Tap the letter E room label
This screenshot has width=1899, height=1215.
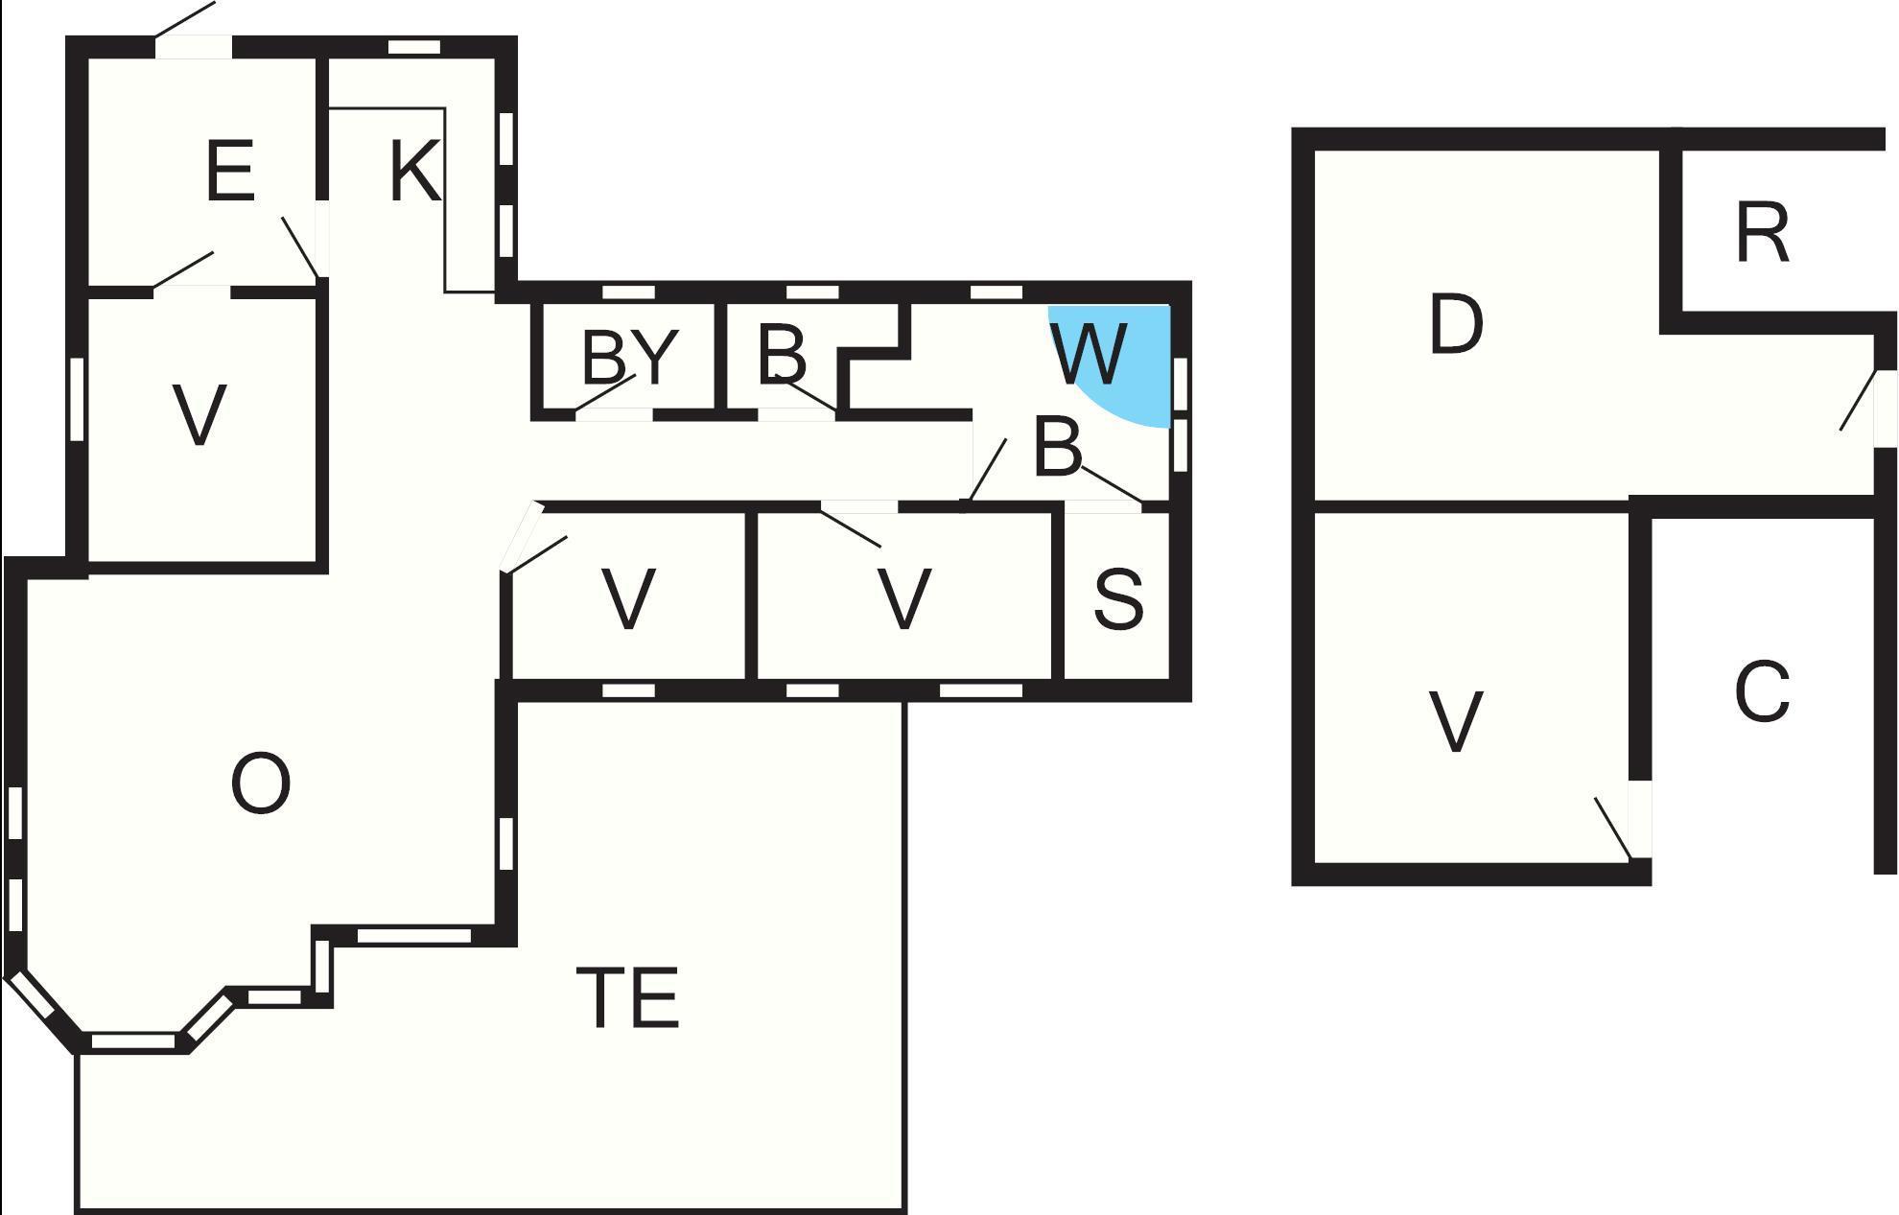[x=230, y=171]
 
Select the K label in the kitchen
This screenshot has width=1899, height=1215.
[x=415, y=171]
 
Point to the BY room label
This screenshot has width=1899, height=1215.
[x=630, y=358]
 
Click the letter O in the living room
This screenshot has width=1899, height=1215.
[x=261, y=783]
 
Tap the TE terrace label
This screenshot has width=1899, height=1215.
[x=628, y=998]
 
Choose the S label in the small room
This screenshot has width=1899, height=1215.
[x=1118, y=600]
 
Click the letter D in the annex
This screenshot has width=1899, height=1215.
[x=1456, y=324]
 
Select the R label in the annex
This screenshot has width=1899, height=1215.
[x=1763, y=233]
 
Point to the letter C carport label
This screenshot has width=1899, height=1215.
[x=1763, y=691]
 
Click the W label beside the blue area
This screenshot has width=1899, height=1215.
[x=1089, y=353]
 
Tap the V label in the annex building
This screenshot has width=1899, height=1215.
[x=1456, y=722]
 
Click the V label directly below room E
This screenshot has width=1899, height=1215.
[x=199, y=415]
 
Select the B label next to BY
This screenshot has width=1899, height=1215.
[x=782, y=354]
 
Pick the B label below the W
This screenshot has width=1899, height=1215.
[x=1058, y=447]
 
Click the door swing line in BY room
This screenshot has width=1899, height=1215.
[x=605, y=393]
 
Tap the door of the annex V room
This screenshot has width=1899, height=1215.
[x=1614, y=829]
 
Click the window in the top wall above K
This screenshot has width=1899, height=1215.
[x=414, y=47]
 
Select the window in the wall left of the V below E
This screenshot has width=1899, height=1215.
[x=78, y=399]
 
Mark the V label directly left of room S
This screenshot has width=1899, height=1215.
[x=904, y=600]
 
